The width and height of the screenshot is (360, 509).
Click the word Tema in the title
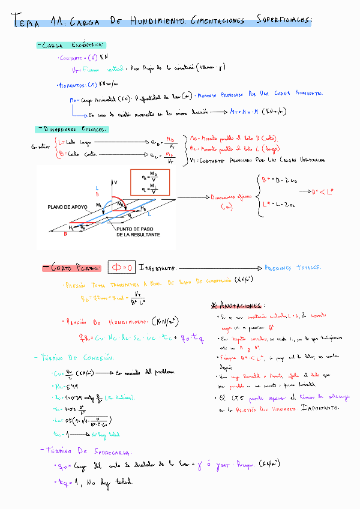click(26, 23)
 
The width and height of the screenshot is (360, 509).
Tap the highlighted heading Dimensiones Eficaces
click(72, 129)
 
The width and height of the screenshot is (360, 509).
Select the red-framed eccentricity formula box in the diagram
click(149, 181)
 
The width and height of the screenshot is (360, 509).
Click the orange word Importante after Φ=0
click(157, 267)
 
